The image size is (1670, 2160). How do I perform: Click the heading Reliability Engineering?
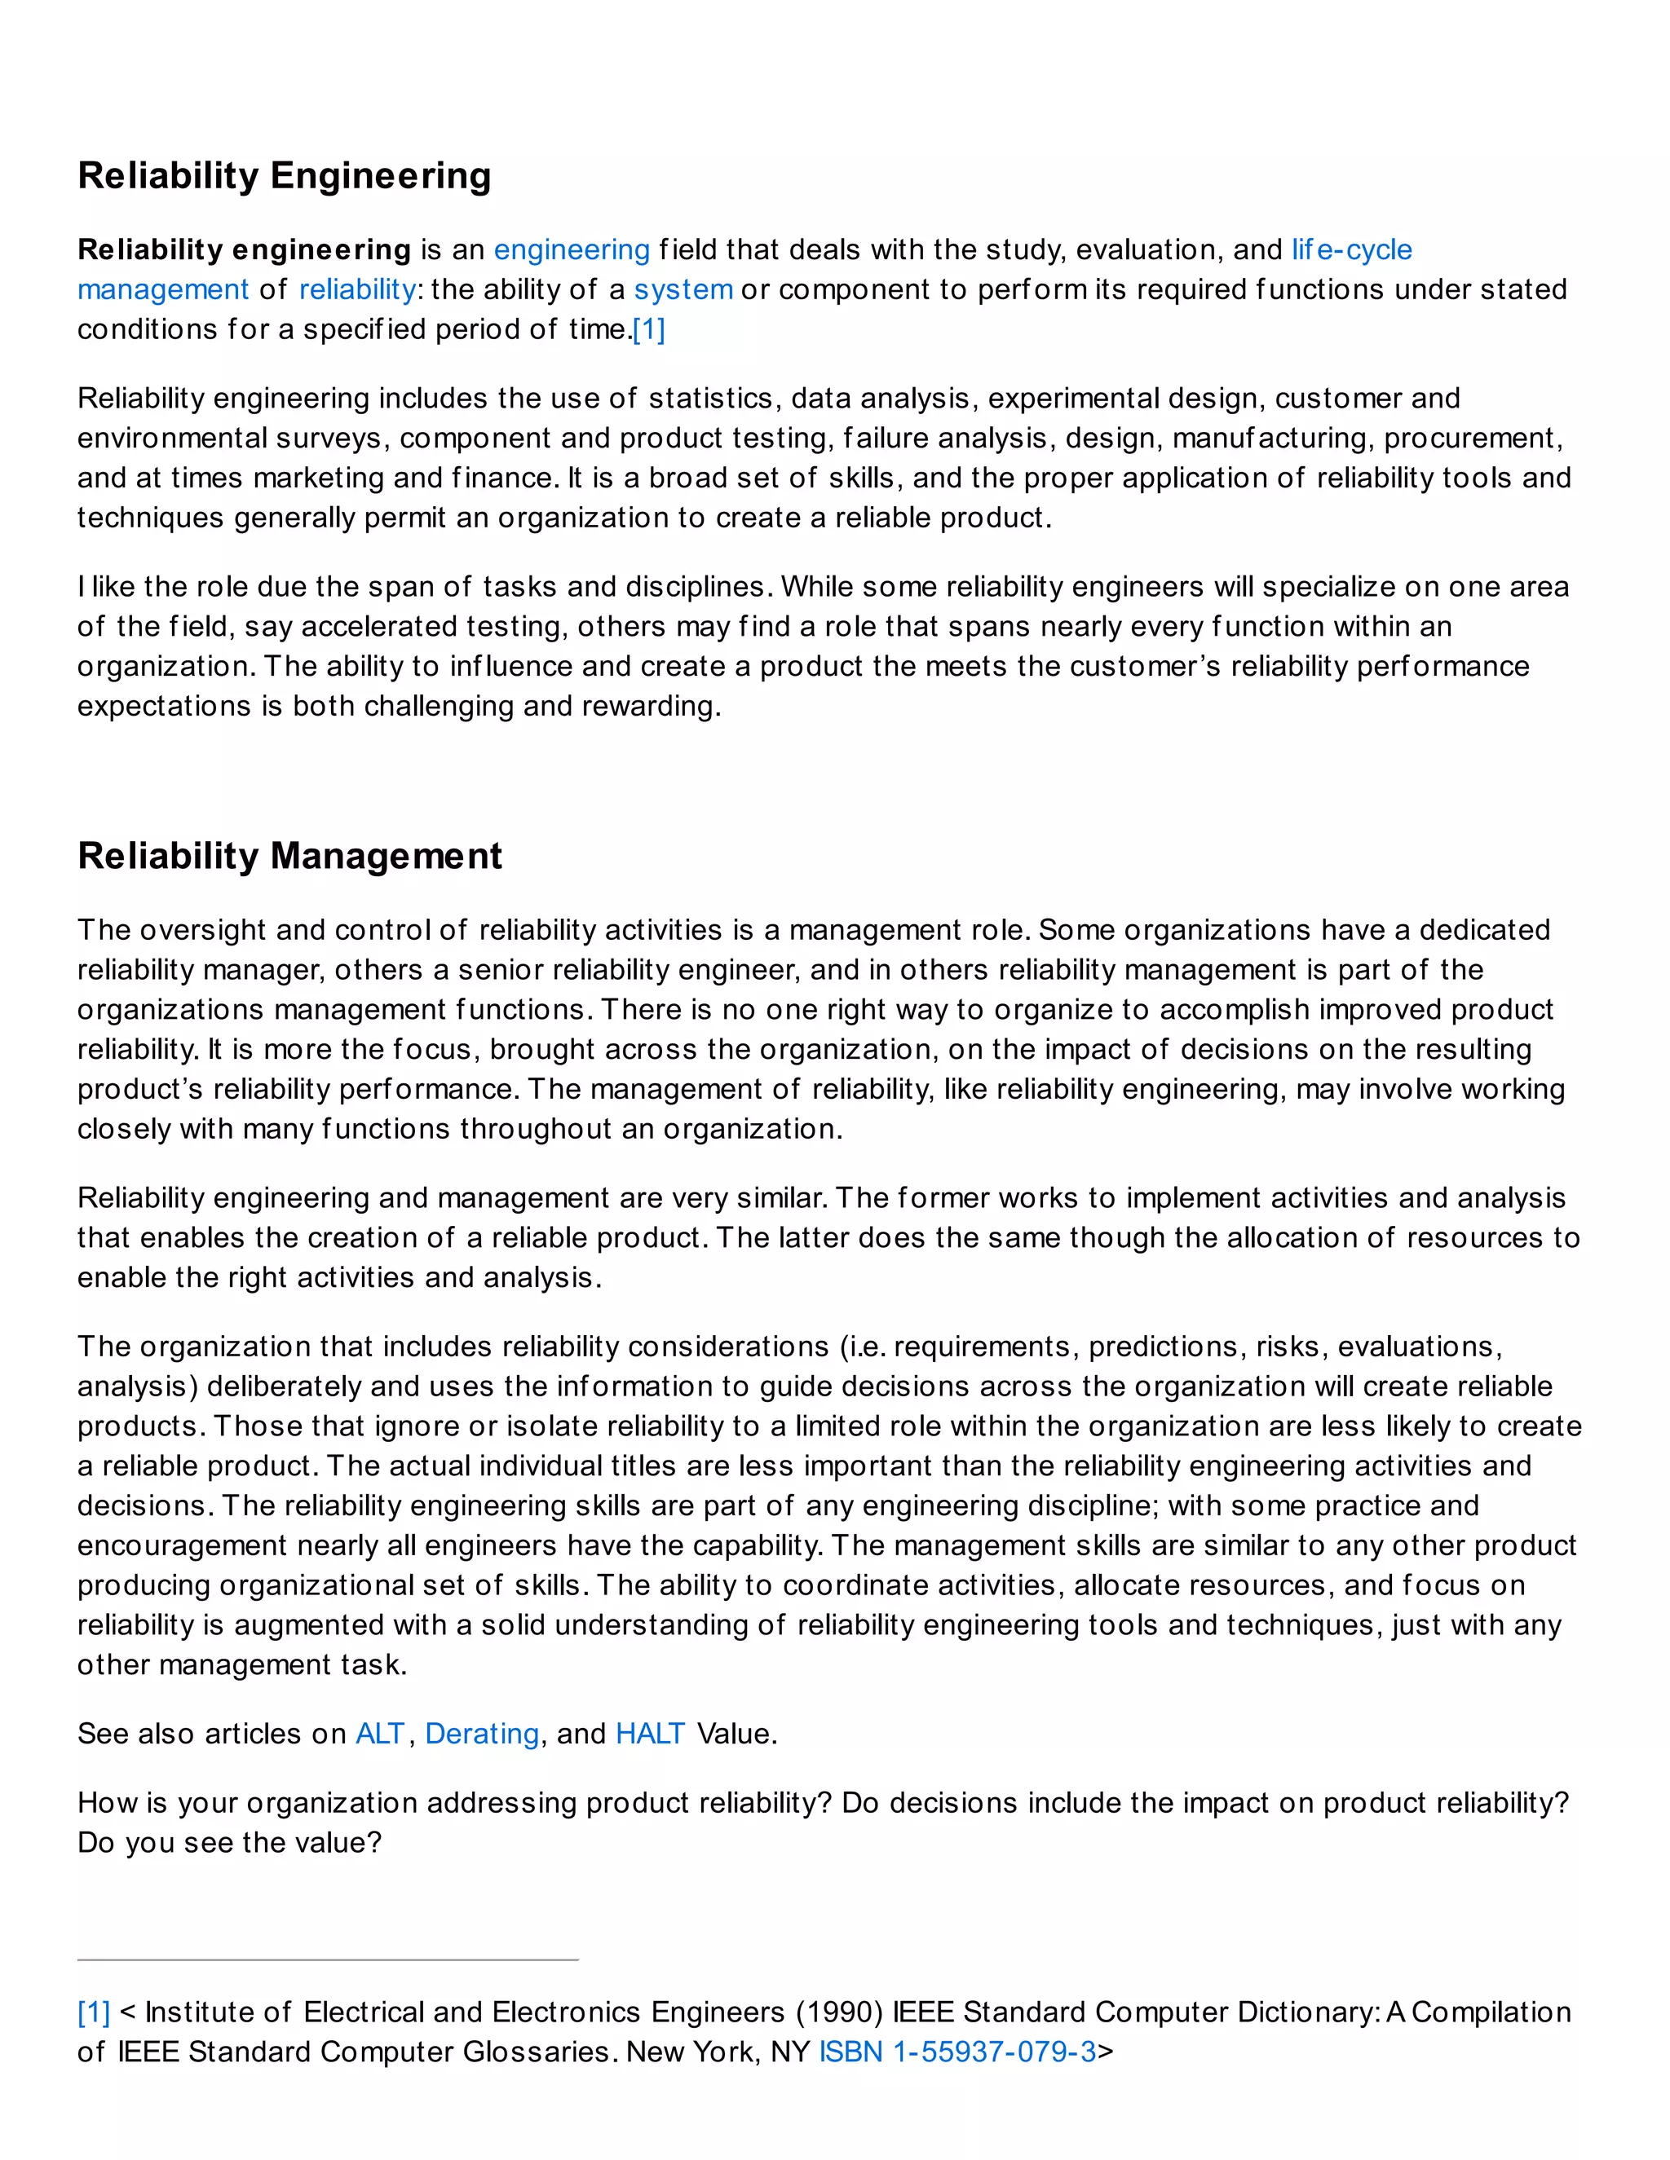tap(284, 176)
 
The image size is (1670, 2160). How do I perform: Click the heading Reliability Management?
tap(289, 856)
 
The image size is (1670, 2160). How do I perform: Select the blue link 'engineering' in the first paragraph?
tap(571, 249)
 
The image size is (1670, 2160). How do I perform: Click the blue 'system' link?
tap(683, 290)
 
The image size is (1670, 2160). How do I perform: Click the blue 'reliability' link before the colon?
tap(357, 290)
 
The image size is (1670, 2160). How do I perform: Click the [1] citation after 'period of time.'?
tap(649, 329)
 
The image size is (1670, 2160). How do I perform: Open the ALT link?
tap(381, 1734)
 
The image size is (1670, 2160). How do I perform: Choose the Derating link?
tap(482, 1734)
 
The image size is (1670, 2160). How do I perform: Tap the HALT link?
tap(650, 1734)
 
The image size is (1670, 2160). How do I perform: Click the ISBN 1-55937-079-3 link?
tap(956, 2052)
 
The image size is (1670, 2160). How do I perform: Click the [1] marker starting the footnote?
tap(94, 2012)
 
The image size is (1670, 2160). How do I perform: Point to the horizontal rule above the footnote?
tap(328, 1959)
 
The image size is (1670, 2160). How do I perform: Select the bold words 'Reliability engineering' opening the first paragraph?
tap(243, 249)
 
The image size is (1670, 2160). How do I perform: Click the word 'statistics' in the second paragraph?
tap(710, 399)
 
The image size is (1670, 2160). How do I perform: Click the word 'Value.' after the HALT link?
tap(737, 1734)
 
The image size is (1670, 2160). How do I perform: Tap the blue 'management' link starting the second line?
tap(163, 290)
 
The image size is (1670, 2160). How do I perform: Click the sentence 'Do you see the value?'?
tap(229, 1843)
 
